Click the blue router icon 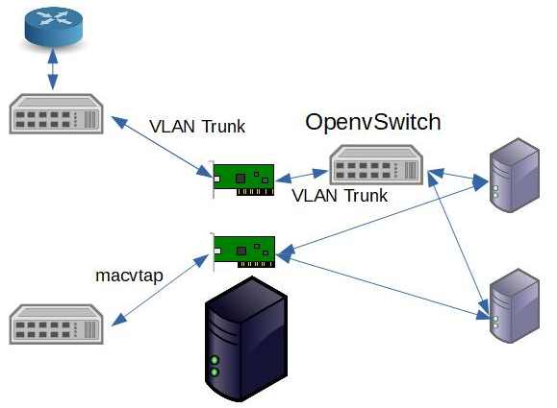tap(54, 26)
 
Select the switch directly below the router tap(56, 114)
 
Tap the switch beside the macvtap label tap(56, 324)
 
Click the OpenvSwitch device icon tap(376, 164)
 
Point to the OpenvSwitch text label tap(373, 122)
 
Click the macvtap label tap(129, 276)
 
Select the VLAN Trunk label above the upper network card tap(197, 126)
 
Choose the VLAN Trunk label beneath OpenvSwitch tap(340, 195)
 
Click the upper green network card tap(243, 180)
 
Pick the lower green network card tap(243, 252)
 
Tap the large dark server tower tap(246, 339)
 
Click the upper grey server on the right tap(515, 175)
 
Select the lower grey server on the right tap(515, 306)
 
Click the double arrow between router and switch tap(53, 68)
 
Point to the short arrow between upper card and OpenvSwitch tap(302, 176)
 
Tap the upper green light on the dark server tap(215, 360)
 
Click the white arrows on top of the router tap(54, 17)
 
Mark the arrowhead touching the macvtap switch tap(119, 320)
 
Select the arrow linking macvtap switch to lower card tap(161, 290)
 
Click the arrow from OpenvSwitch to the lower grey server tap(458, 243)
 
